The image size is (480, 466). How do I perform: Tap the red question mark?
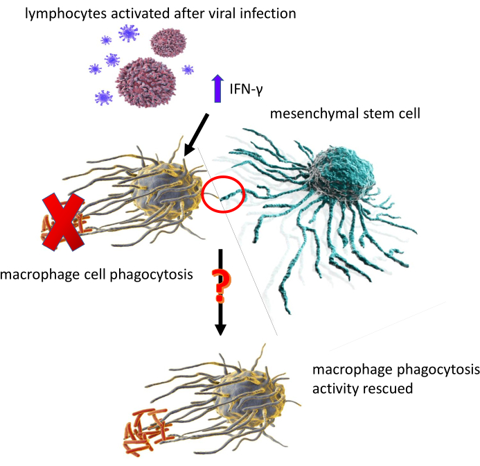(220, 286)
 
